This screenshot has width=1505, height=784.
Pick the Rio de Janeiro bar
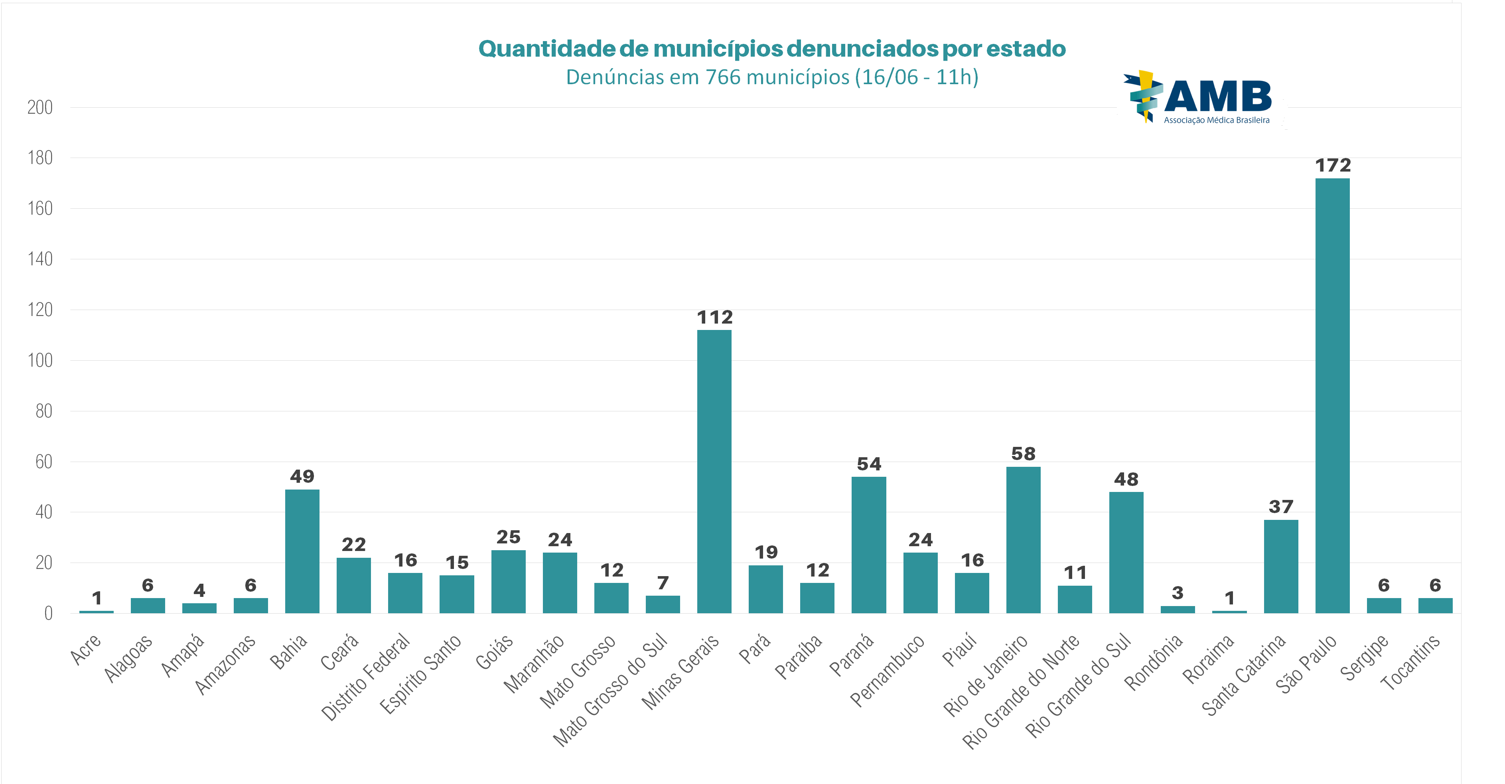1023,540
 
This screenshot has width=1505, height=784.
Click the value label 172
1333,165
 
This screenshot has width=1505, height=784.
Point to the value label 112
714,317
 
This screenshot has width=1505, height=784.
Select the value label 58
1023,454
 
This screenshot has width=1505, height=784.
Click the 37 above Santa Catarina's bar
1281,506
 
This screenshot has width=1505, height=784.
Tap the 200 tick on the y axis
40,107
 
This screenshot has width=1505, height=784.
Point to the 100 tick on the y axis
40,360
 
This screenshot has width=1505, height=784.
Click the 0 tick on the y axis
48,613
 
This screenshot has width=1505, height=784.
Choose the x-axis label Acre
86,649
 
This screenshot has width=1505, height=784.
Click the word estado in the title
1026,49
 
